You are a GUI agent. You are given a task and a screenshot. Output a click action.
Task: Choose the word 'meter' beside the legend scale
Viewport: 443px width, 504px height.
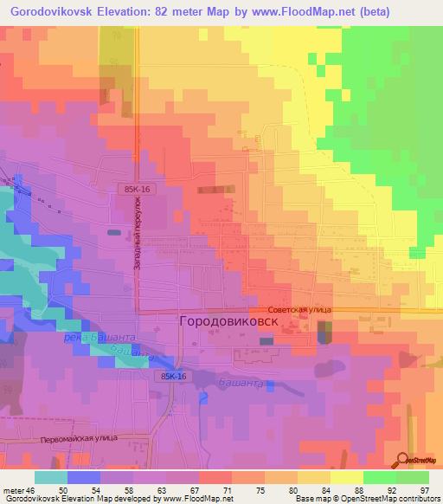(13, 489)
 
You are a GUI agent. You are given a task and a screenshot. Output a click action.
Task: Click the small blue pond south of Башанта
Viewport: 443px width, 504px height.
(203, 397)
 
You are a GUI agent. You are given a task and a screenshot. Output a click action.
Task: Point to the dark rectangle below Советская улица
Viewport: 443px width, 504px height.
(324, 331)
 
